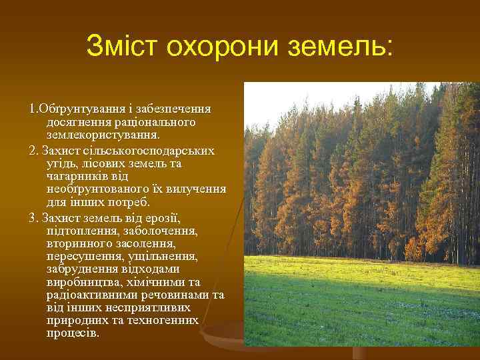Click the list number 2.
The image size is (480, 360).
33,150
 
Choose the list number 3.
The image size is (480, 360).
33,217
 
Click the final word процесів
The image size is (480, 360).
73,333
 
